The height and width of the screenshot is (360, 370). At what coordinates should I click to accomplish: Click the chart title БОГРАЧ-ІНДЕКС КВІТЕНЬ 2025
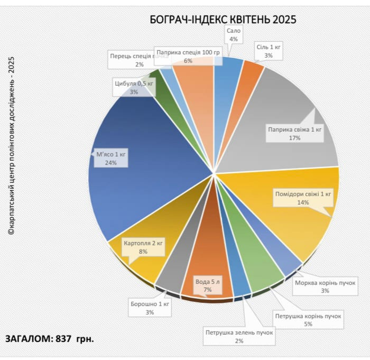(x=223, y=20)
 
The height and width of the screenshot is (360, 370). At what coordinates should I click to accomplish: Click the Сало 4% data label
(x=234, y=35)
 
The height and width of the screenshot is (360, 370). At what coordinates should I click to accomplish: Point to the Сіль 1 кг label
(x=269, y=51)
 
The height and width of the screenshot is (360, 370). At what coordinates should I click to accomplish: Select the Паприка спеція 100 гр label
(x=188, y=57)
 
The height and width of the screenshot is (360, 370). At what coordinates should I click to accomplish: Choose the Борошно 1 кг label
(x=150, y=308)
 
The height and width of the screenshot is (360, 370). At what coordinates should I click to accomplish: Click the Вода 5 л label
(x=207, y=286)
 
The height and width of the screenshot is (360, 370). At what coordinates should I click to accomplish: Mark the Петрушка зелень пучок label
(x=239, y=337)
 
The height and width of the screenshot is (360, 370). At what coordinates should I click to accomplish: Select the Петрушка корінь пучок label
(x=308, y=320)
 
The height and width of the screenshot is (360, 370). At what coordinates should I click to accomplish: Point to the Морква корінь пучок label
(x=325, y=286)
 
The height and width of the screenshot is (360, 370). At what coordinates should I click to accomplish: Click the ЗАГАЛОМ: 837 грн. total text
(x=50, y=339)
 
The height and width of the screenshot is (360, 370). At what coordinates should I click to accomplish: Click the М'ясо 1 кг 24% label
(x=110, y=159)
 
